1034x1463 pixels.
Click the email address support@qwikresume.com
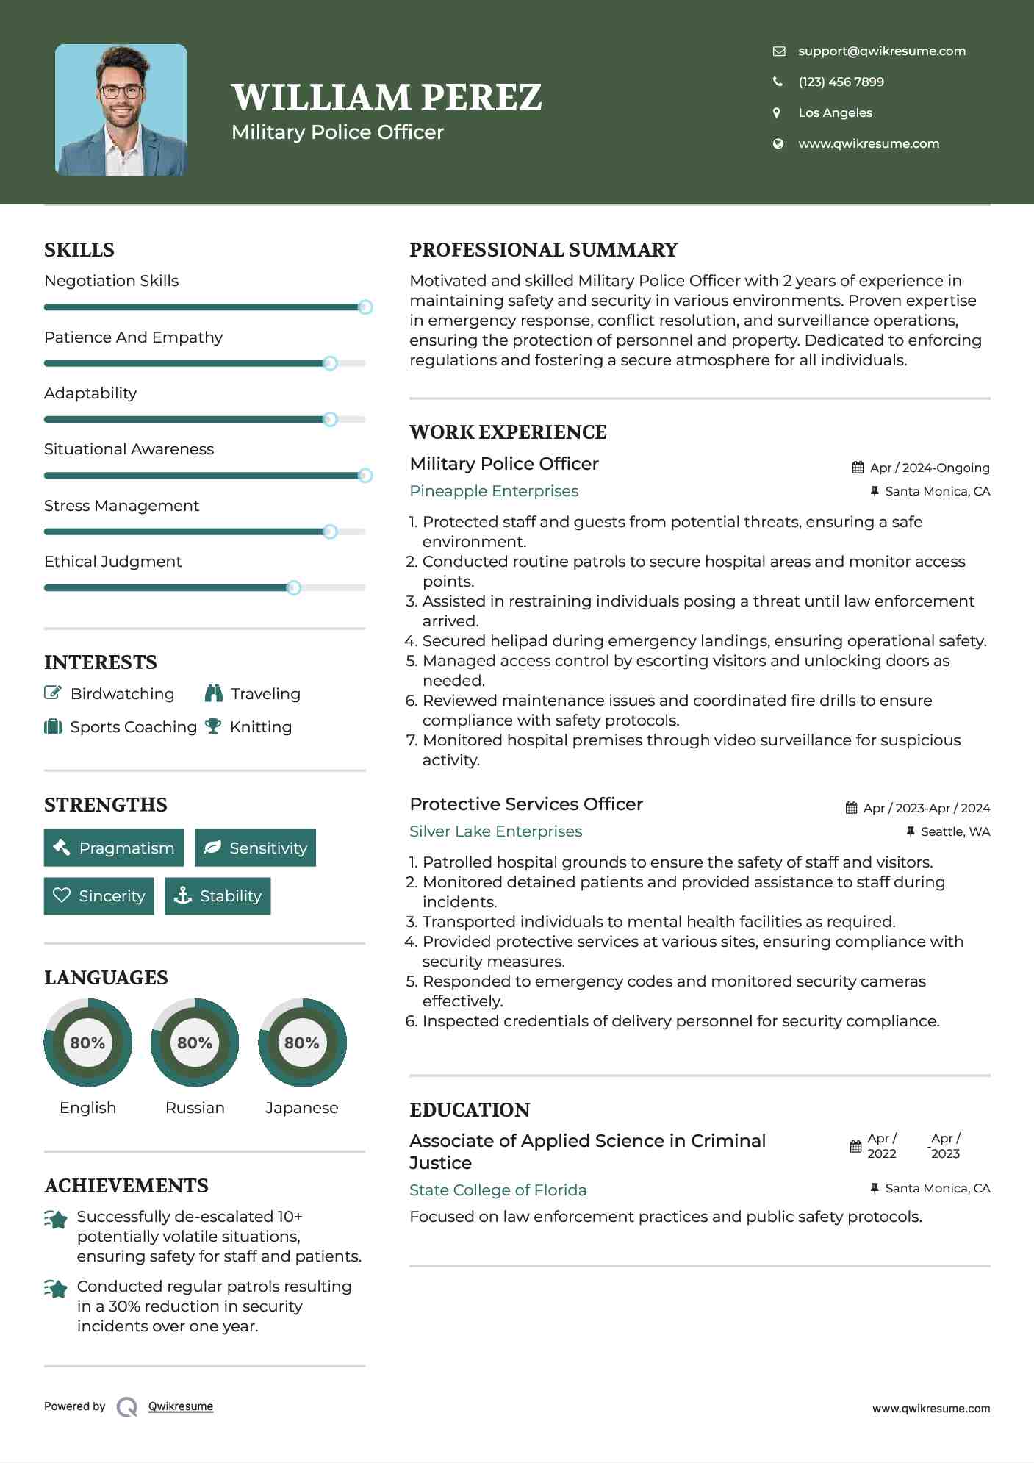881,51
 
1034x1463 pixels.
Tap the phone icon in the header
778,82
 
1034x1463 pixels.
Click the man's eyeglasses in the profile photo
121,92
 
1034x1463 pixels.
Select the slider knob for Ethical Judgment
294,587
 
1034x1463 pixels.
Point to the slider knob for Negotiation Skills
365,307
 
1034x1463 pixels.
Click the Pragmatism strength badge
114,848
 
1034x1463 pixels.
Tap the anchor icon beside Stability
182,895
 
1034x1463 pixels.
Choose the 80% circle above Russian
195,1042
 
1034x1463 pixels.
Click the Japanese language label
301,1108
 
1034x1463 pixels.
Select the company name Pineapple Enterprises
494,491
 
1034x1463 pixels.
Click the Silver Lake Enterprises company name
495,831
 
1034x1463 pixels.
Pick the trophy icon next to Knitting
213,726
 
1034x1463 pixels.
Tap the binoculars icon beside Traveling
214,693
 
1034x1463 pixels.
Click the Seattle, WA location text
955,831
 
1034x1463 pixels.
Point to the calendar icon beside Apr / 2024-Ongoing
858,468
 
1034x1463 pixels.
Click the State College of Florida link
498,1190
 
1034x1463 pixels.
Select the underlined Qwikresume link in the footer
181,1406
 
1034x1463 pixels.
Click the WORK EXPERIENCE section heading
508,432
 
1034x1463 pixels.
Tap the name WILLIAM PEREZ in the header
387,98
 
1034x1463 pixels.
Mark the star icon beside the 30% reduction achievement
56,1289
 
